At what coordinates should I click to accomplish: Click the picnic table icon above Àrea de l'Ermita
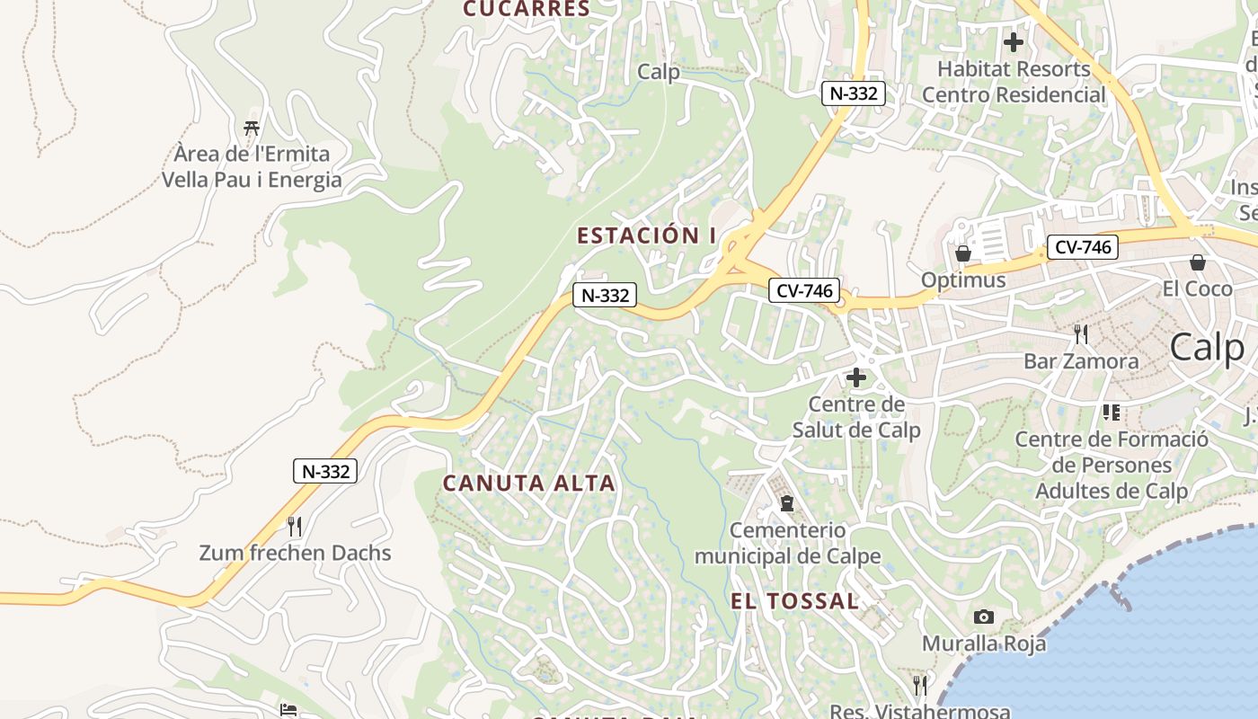click(x=252, y=129)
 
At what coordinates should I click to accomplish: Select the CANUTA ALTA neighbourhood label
click(x=529, y=484)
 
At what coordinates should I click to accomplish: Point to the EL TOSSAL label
click(x=795, y=602)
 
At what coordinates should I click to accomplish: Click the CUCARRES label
click(x=527, y=10)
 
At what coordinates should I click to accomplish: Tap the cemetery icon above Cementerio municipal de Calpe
click(x=787, y=503)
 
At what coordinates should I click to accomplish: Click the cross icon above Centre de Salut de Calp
click(x=856, y=377)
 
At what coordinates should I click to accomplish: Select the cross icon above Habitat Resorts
click(x=1014, y=42)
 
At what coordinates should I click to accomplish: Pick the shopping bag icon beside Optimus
click(x=963, y=253)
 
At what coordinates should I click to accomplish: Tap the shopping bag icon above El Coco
click(x=1198, y=262)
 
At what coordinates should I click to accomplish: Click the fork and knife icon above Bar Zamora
click(x=1081, y=334)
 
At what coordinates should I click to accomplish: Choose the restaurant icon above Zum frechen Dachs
click(x=294, y=525)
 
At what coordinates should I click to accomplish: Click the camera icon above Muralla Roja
click(x=984, y=617)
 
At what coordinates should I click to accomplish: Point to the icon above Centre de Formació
click(x=1112, y=413)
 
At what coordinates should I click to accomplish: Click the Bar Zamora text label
click(x=1081, y=361)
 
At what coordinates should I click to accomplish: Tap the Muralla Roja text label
click(x=984, y=644)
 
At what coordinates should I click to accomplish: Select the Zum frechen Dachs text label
click(x=295, y=553)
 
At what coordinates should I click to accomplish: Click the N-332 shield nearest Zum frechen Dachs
click(x=325, y=471)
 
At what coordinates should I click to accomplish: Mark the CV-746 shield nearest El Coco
click(x=1082, y=247)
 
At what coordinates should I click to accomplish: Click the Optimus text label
click(x=963, y=280)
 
